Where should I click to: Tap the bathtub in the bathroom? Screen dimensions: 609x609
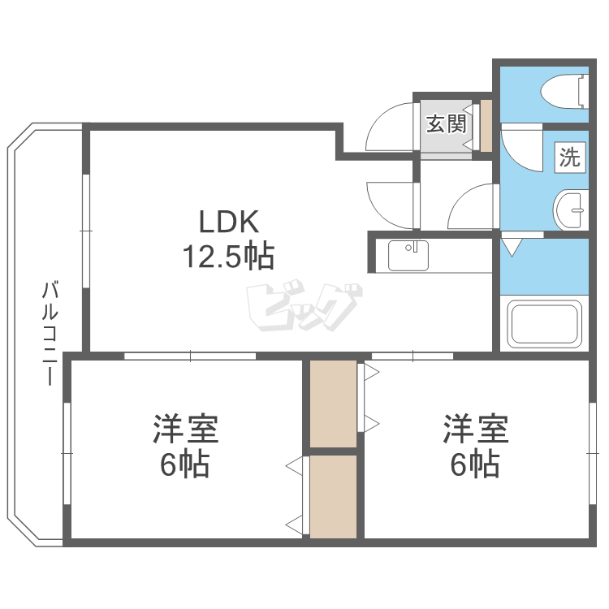click(544, 324)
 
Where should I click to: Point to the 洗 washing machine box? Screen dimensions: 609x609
click(570, 157)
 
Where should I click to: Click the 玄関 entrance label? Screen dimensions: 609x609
click(446, 124)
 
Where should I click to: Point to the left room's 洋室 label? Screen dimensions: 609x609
click(185, 430)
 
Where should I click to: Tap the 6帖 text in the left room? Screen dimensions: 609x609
click(185, 465)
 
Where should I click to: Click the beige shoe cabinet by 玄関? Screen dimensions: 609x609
click(486, 126)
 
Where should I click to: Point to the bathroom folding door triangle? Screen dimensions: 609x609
click(512, 245)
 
